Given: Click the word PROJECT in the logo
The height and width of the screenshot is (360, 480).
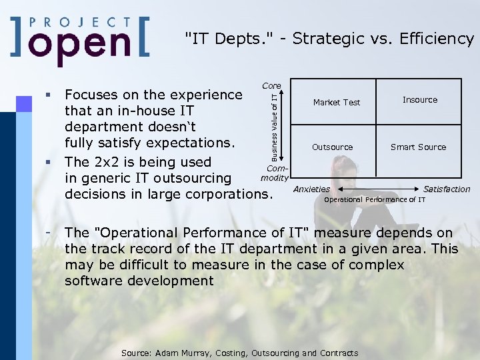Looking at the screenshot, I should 81,22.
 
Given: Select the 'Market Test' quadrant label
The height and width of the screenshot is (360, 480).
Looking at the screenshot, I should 337,103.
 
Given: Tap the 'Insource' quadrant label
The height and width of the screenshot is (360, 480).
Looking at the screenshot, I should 420,100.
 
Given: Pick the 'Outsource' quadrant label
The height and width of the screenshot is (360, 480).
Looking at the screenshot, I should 333,147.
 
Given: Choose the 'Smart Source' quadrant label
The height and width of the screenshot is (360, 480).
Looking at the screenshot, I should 419,147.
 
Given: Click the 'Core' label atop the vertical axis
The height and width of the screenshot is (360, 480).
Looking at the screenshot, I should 271,86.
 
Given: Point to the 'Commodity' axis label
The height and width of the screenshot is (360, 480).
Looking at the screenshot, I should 274,173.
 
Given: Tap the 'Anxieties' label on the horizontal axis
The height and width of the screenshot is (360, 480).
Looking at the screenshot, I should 311,189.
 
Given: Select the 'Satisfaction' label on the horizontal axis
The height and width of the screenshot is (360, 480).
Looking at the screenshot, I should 447,189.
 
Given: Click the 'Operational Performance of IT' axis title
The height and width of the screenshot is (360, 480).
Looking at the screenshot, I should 375,199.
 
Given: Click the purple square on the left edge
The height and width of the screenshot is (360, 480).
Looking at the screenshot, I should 23,103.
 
